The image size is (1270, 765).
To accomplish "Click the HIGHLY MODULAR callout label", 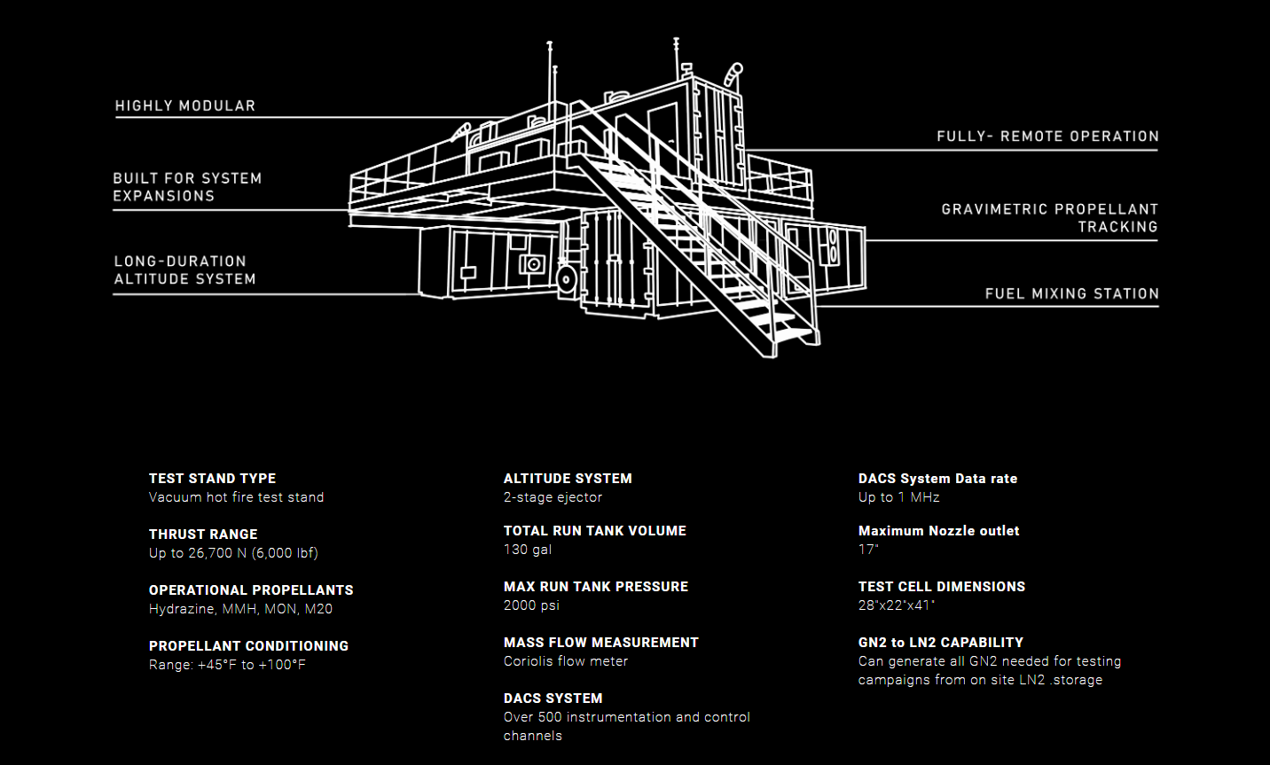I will point(185,106).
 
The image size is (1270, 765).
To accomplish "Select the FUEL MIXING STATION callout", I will point(1071,293).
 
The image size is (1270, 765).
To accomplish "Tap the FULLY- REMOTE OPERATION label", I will point(1047,137).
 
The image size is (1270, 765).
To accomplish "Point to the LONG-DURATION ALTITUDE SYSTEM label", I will point(184,270).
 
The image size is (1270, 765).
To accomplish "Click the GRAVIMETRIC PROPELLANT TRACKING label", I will point(1050,218).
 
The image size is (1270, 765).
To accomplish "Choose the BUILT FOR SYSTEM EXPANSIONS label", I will point(187,187).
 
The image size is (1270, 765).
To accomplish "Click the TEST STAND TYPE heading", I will point(212,479).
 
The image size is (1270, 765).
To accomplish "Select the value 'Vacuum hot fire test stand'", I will point(236,497).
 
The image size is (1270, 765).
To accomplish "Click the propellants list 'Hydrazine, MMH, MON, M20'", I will point(240,609).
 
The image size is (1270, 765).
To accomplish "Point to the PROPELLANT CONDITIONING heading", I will point(248,646).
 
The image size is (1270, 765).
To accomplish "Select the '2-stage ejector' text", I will point(553,497).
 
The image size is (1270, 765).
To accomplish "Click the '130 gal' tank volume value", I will point(528,550).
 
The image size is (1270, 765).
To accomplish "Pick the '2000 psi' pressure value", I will point(531,605).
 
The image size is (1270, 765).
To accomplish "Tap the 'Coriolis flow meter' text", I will point(566,661).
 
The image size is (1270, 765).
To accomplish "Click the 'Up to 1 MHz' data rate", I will point(898,497).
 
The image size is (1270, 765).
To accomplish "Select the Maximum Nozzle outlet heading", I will point(938,531).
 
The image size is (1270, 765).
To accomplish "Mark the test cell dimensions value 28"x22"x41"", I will point(897,605).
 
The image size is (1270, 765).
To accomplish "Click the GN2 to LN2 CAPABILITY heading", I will point(940,643).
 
